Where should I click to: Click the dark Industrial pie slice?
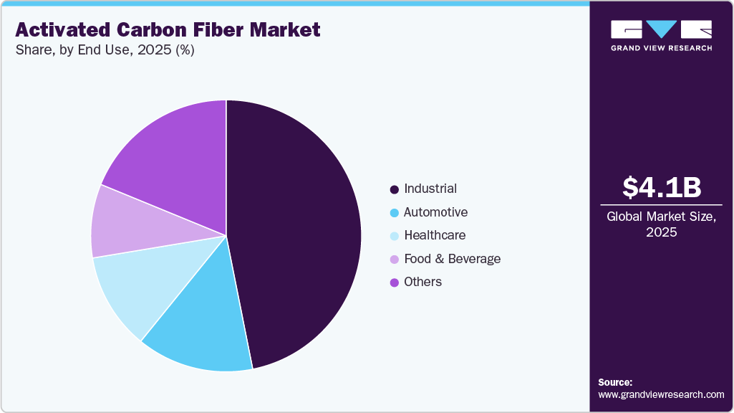[301, 229]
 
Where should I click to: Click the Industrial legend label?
[430, 189]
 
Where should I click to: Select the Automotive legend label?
[435, 212]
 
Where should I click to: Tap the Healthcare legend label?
[435, 235]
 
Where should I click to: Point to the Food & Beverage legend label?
[452, 259]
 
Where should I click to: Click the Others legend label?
[422, 282]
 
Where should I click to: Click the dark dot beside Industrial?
[394, 190]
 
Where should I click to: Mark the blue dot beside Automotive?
[394, 213]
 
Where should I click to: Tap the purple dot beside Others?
[394, 283]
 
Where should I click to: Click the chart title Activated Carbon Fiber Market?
[168, 30]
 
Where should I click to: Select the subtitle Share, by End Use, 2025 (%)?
[105, 50]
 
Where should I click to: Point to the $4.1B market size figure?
[661, 187]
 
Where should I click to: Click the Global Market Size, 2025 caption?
[661, 224]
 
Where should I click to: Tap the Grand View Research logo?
[661, 35]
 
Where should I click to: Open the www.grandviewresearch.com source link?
[661, 394]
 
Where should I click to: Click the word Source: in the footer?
[615, 382]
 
